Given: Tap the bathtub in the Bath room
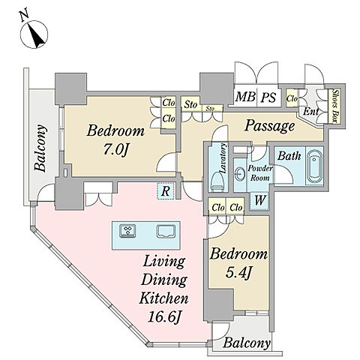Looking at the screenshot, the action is [315, 166].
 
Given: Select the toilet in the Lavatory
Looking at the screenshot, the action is [217, 180].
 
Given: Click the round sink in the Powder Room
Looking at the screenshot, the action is [241, 173].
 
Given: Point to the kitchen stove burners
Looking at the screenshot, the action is [127, 230].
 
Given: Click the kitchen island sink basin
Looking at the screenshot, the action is [166, 231].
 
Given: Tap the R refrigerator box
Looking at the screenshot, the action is [165, 191].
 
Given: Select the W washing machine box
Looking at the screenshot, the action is [259, 200].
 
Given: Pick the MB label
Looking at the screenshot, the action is [245, 97].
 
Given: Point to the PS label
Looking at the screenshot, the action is [268, 97].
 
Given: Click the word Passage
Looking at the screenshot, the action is [269, 126].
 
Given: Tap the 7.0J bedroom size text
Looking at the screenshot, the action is [115, 149].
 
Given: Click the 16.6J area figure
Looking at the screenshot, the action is [163, 316].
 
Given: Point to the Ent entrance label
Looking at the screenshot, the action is [310, 111].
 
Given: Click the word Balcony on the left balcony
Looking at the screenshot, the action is [40, 148].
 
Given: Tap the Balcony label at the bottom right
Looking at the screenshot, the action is [246, 343].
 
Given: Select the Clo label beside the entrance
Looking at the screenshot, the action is [292, 98].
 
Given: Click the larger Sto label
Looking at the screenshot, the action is [190, 104].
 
